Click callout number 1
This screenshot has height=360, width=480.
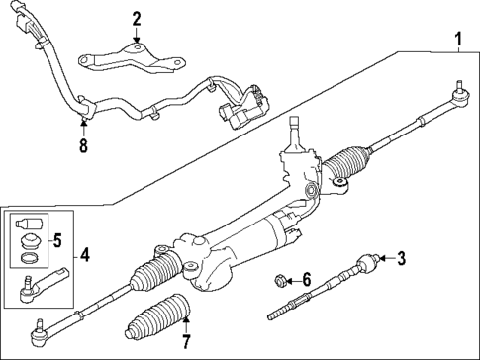point(457,41)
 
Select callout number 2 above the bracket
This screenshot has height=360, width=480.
point(137,17)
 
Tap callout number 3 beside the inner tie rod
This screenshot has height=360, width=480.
point(401,260)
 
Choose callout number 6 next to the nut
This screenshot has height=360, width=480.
point(306,281)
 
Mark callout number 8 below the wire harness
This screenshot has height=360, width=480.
point(82,145)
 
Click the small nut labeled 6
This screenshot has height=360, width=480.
point(281,281)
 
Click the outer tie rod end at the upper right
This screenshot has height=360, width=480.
point(458,95)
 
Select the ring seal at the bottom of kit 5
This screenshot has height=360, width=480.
point(30,258)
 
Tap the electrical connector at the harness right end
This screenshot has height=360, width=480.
point(242,104)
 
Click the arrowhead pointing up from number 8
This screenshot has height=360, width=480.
point(82,122)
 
